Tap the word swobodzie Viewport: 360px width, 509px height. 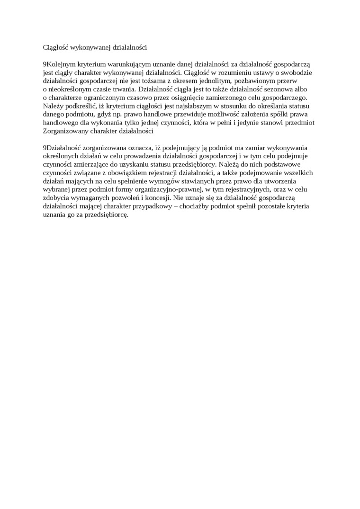[x=297, y=72]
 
